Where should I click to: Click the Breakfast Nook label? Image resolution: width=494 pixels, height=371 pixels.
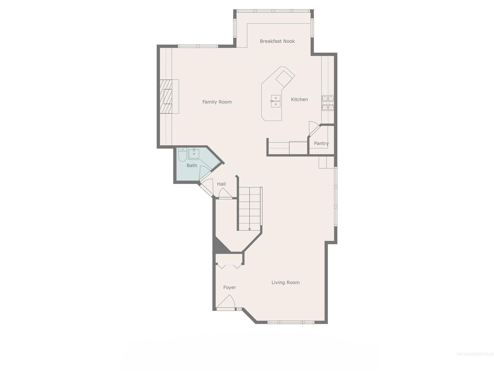(277, 41)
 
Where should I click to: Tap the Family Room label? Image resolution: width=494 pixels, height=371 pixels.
(217, 102)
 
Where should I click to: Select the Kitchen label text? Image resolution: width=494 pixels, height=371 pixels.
(299, 99)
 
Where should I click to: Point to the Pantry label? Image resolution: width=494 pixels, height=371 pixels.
(321, 143)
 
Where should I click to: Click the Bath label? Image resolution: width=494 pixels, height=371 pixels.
(192, 166)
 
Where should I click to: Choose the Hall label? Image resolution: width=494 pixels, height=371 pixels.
(221, 184)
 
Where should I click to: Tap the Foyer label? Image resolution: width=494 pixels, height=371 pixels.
(230, 288)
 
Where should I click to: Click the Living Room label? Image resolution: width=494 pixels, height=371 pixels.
(285, 282)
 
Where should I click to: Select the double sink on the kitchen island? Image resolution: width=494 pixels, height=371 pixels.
(275, 101)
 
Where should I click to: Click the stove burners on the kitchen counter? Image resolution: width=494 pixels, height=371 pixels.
(328, 103)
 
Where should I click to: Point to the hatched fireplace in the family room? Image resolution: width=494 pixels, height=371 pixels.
(166, 97)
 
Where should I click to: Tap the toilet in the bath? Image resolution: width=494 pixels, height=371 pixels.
(182, 155)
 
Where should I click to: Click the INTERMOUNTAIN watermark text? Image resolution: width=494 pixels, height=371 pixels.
(475, 354)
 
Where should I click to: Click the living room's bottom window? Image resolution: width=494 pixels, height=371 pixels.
(291, 322)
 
